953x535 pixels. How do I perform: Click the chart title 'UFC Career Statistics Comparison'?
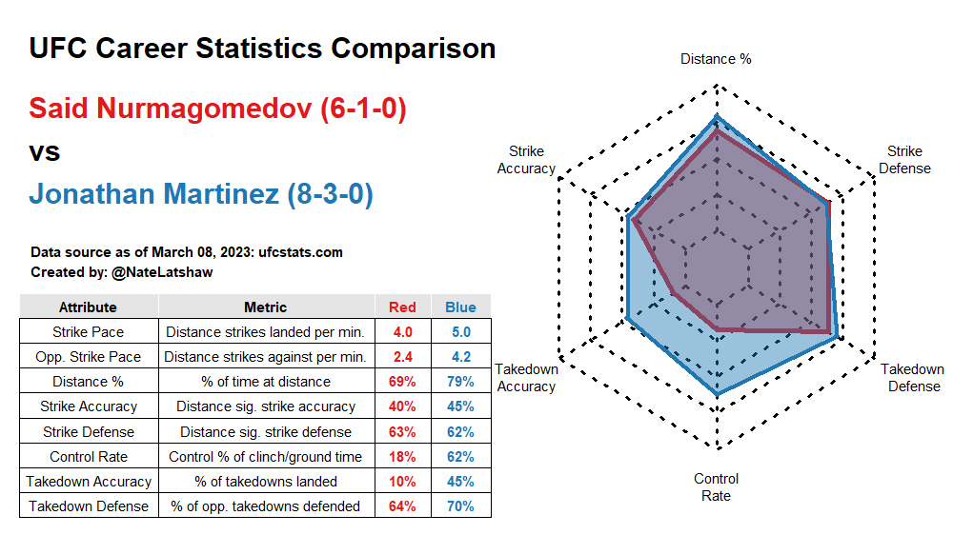[x=262, y=49]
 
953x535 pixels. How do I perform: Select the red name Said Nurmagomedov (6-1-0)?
[x=217, y=109]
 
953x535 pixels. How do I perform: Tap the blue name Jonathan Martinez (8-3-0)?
[x=200, y=194]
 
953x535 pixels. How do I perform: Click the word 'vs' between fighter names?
[x=45, y=152]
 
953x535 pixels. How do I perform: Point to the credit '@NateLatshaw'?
[x=163, y=272]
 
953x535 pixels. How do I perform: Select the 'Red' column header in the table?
[x=402, y=307]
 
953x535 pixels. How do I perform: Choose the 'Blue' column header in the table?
[x=460, y=307]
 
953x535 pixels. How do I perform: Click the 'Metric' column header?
[x=265, y=307]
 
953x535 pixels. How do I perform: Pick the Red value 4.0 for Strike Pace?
[x=402, y=332]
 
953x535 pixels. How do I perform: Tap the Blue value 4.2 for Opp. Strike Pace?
[x=460, y=357]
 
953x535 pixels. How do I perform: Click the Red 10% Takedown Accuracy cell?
[x=402, y=482]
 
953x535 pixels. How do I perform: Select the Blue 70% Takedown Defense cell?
[x=460, y=506]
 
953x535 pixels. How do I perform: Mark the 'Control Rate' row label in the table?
[x=88, y=457]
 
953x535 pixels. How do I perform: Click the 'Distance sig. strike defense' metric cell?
[x=265, y=431]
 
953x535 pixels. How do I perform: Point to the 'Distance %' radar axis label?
[x=716, y=59]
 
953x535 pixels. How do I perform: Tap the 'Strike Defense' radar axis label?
[x=904, y=160]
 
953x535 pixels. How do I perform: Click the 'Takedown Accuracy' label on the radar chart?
[x=526, y=378]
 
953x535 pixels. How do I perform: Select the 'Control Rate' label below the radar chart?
[x=716, y=486]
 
